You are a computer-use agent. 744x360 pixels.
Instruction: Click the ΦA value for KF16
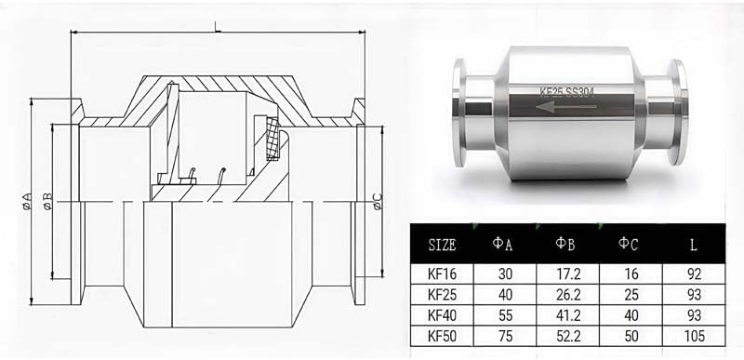pos(505,273)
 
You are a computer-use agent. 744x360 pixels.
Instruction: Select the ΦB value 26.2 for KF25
pos(568,295)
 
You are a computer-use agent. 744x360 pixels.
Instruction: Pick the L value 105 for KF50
pos(694,337)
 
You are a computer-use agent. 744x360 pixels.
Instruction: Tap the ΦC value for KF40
pos(631,315)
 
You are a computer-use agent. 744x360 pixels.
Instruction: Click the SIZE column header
pos(442,246)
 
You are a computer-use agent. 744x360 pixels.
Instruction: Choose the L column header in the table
pos(694,246)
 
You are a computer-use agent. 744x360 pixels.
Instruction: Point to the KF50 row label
pos(443,337)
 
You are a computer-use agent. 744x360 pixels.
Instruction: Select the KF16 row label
pos(443,273)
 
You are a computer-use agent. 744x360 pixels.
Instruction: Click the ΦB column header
pos(565,245)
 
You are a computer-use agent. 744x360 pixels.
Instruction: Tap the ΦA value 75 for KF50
pos(505,337)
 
